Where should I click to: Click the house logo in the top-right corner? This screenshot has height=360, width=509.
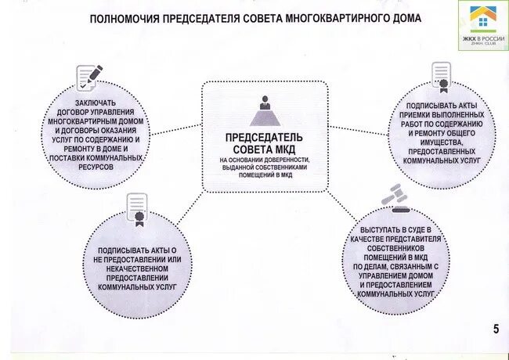coord(482,17)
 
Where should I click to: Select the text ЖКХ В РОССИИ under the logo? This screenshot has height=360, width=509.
coord(482,38)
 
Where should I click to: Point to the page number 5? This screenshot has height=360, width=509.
coord(496,328)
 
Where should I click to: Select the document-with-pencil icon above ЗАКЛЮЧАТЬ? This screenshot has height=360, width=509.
coord(89,77)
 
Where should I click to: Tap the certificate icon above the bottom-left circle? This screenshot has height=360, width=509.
coord(137,210)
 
